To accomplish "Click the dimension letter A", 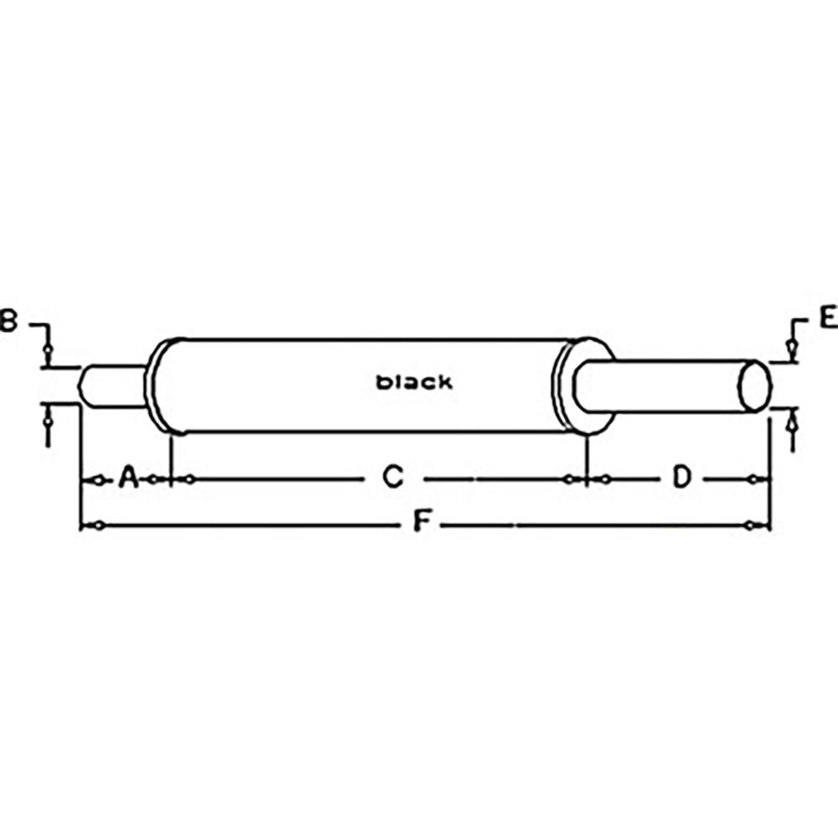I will (128, 478).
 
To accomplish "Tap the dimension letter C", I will (392, 478).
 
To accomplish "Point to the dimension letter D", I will (682, 478).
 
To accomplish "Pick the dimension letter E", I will (827, 317).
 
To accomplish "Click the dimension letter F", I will (423, 525).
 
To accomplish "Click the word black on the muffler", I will (414, 382).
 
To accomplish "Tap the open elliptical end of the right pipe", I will (754, 386).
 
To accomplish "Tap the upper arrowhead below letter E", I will (789, 346).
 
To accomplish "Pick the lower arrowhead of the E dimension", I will (789, 424).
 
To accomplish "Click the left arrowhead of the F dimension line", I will (97, 525).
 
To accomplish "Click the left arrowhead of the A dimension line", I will (97, 479).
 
